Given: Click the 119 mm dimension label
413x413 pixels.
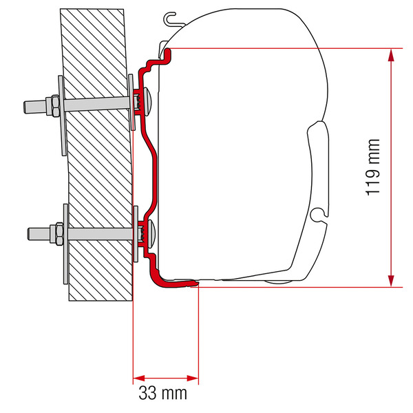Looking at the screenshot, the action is tap(373, 167).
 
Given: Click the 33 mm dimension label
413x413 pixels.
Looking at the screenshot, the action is tap(162, 393).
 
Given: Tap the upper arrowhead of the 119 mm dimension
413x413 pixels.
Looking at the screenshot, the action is tap(391, 55).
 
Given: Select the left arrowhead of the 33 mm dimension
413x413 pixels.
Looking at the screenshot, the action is tap(139, 379).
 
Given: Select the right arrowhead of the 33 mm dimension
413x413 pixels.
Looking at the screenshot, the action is tap(193, 379).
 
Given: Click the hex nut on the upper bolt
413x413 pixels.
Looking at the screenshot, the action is tap(55, 105).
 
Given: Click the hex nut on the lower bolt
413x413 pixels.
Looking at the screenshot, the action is tap(59, 234).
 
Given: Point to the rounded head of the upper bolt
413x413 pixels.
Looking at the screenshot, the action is tap(147, 101).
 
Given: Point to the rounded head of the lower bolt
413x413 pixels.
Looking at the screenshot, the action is tap(151, 233).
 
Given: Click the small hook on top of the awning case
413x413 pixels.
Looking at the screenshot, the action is tap(171, 19).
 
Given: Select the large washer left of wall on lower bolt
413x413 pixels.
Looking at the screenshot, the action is tap(66, 244).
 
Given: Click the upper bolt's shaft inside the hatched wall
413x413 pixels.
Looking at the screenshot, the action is tap(96, 104).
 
